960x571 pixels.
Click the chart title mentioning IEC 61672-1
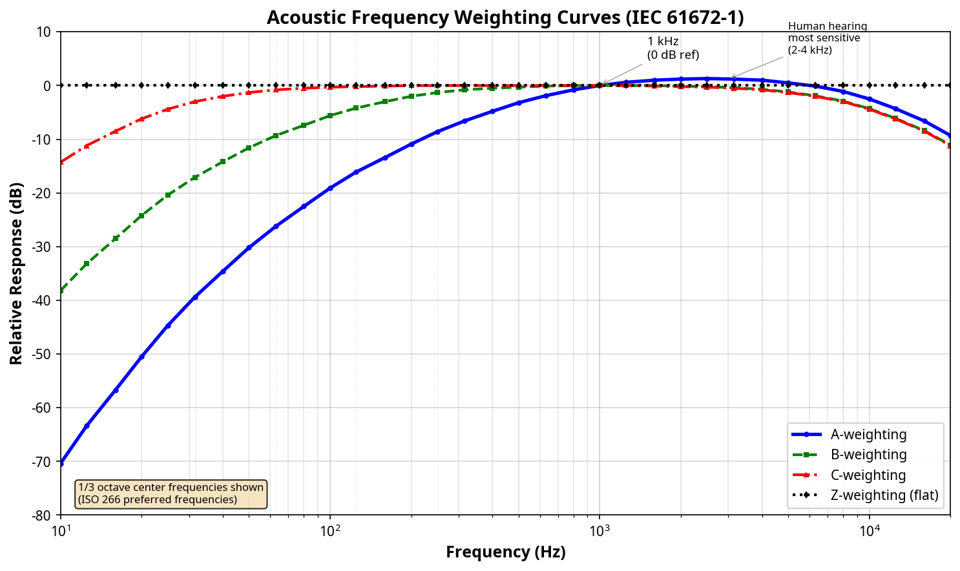pos(505,17)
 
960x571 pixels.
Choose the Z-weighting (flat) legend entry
pos(884,495)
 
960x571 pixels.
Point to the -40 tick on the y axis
pos(43,300)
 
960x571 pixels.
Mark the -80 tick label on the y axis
pos(43,515)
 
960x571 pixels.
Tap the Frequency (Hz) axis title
pos(505,552)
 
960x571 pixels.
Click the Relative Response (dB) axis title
pos(17,273)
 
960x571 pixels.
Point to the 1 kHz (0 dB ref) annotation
pos(673,48)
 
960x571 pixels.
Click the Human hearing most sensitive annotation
pos(827,38)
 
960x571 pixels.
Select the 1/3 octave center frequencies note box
pos(171,493)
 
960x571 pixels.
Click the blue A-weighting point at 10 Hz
pos(61,463)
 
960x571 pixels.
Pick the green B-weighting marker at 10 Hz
pos(61,291)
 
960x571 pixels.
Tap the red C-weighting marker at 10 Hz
pos(61,162)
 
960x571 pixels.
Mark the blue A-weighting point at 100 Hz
pos(330,188)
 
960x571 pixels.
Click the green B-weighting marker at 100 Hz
pos(330,116)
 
